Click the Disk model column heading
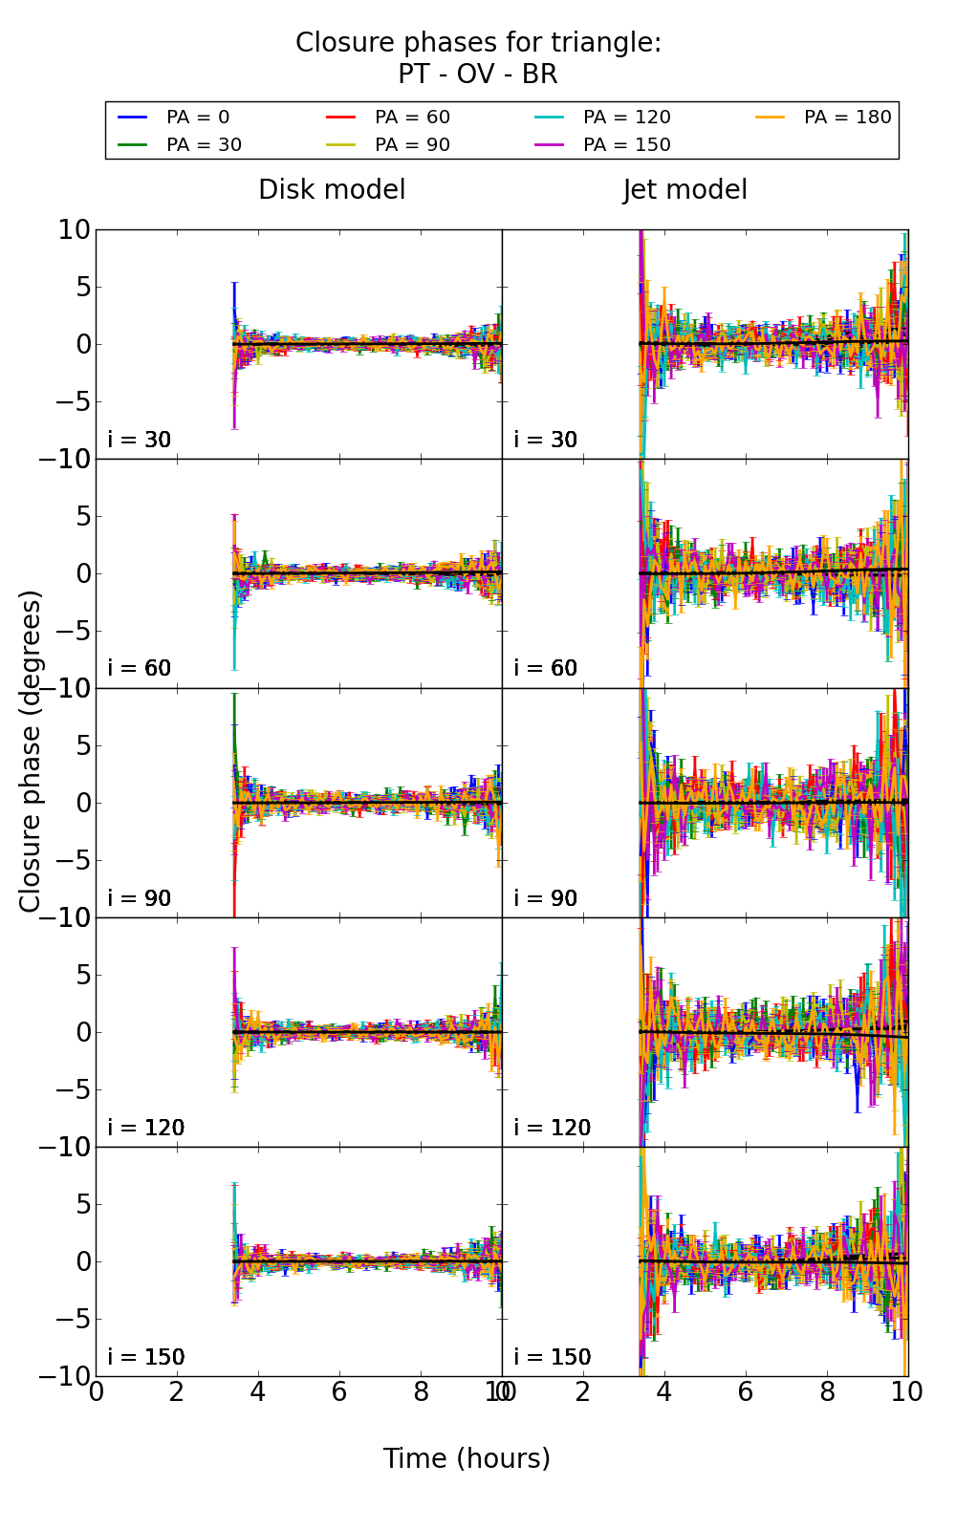coord(332,190)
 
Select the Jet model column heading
coord(684,190)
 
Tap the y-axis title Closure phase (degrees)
coord(31,751)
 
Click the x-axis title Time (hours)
coord(467,1459)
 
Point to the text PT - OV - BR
coord(477,75)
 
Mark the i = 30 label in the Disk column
coord(140,441)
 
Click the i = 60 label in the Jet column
coord(546,669)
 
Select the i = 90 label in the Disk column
coord(140,899)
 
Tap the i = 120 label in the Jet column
coord(553,1129)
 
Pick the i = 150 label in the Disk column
coord(146,1358)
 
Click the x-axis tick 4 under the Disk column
coord(258,1392)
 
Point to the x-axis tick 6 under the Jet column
coord(746,1392)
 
